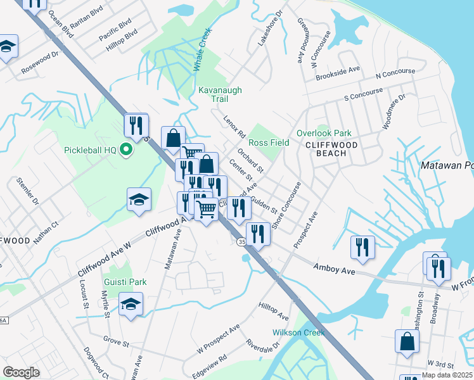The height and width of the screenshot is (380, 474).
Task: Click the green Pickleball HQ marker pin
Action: pos(125,150)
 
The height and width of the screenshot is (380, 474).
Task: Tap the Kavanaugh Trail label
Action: pos(220,96)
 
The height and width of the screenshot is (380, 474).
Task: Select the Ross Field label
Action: pos(269,142)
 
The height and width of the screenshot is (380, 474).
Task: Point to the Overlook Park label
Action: pos(323,134)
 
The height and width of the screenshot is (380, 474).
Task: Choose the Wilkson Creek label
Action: pos(298,332)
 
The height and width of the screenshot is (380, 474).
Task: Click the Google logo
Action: pos(21,372)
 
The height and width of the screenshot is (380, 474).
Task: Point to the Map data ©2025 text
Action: pos(446,375)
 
